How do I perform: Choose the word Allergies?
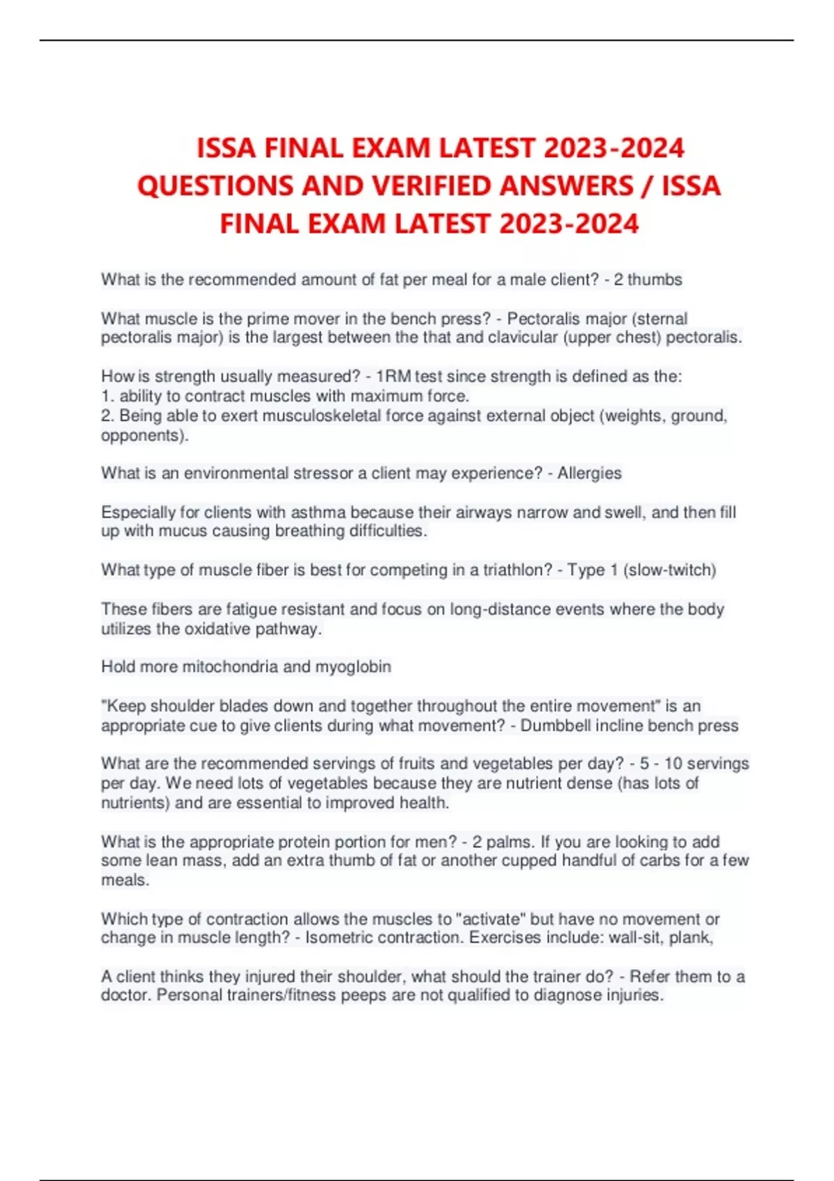pyautogui.click(x=589, y=473)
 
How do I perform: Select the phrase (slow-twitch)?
pyautogui.click(x=669, y=570)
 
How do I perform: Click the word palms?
pyautogui.click(x=509, y=842)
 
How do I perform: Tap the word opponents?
pyautogui.click(x=144, y=436)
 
